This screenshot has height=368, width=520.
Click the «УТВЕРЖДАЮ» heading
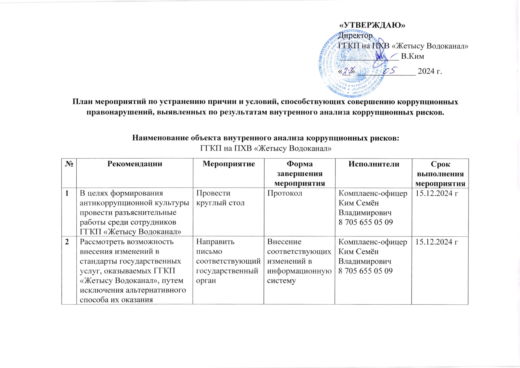tap(372, 25)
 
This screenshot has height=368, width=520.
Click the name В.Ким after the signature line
tap(412, 56)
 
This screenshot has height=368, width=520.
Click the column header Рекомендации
tap(135, 164)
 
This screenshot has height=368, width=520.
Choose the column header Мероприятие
tap(229, 164)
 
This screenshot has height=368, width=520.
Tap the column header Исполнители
tap(374, 164)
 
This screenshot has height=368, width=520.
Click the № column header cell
tap(69, 164)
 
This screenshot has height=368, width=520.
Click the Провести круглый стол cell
tap(220, 198)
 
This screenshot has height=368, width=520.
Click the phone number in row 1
tap(366, 222)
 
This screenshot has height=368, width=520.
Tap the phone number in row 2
tap(366, 271)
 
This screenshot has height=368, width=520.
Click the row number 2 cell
tap(68, 242)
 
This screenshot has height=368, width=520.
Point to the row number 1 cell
tap(68, 193)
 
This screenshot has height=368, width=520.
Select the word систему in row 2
tap(281, 281)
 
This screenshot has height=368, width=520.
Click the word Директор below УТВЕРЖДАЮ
tap(356, 36)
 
